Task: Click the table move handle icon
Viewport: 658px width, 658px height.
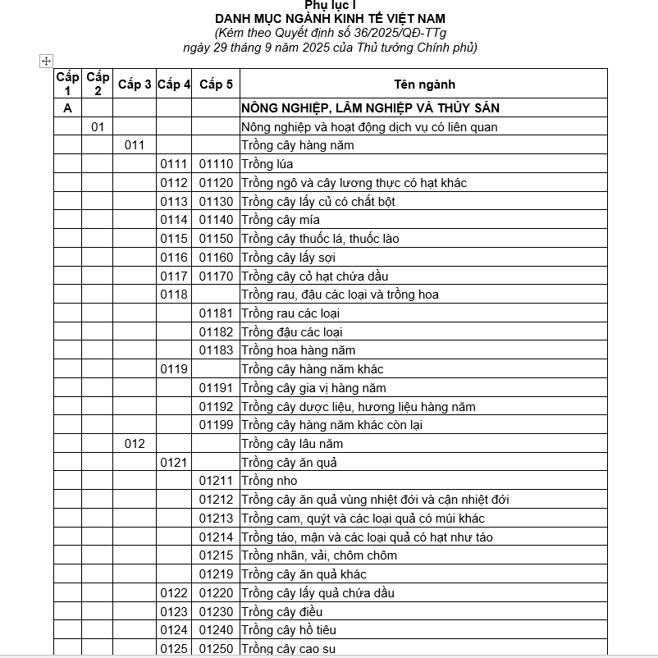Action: coord(46,61)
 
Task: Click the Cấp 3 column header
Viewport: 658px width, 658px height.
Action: coord(135,85)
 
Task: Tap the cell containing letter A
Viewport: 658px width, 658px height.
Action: coord(67,108)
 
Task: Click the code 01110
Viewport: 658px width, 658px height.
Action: coord(216,164)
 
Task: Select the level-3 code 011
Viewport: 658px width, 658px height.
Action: coord(135,145)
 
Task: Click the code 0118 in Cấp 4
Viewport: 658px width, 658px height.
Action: coord(174,295)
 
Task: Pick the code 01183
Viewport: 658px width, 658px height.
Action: coord(216,350)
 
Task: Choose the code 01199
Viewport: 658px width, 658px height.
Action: coord(216,425)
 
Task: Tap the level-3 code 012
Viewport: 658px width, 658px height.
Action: coord(135,444)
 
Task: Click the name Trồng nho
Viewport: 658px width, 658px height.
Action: coord(269,481)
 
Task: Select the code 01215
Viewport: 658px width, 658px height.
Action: coord(216,555)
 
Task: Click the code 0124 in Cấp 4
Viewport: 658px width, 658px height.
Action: coord(174,630)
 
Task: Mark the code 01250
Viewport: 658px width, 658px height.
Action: coord(216,649)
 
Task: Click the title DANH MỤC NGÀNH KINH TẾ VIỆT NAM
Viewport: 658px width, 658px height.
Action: coord(331,18)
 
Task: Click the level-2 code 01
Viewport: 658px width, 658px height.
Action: coord(98,127)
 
